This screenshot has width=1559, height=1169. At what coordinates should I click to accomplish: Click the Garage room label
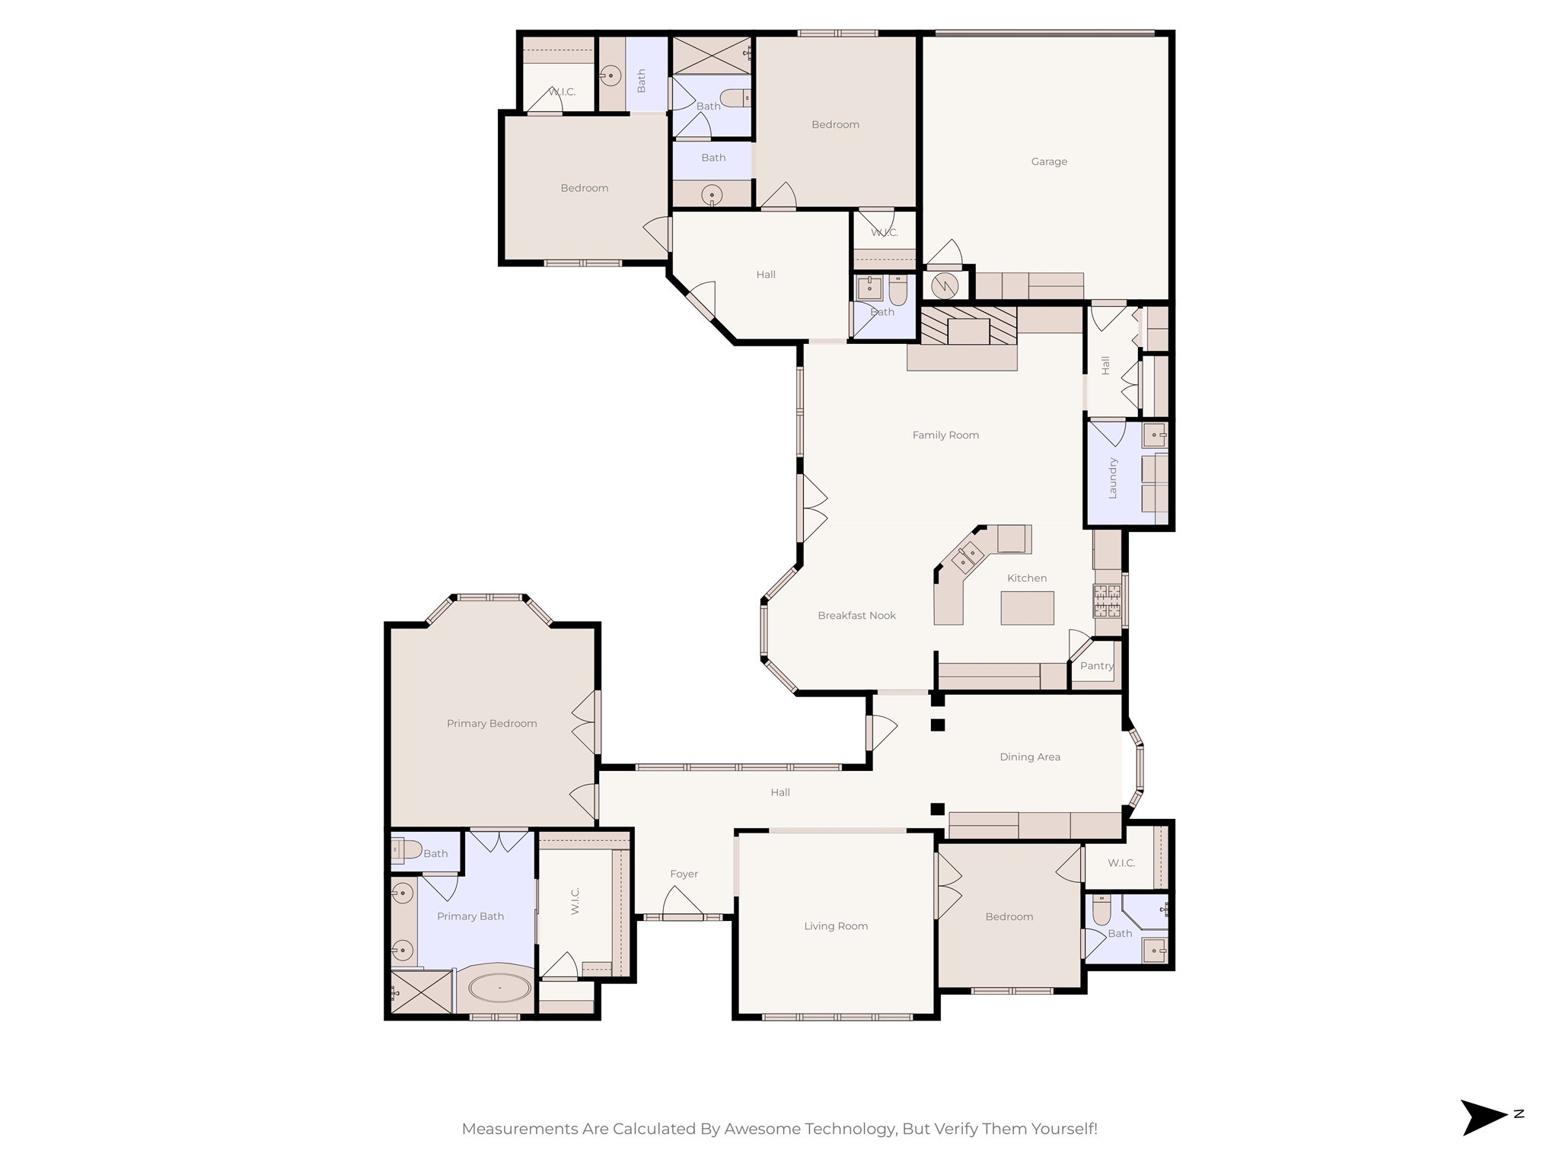[1049, 161]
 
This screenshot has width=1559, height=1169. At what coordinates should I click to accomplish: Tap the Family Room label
[945, 435]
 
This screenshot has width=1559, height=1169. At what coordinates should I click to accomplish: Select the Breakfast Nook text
[856, 616]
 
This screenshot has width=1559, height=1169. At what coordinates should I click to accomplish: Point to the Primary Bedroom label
[492, 724]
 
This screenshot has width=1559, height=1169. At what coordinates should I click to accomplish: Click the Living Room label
[836, 926]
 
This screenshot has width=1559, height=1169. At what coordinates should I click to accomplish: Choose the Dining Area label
[1029, 757]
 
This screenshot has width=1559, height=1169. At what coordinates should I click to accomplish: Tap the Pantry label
[1096, 666]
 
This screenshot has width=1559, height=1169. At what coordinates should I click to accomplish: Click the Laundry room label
[1112, 478]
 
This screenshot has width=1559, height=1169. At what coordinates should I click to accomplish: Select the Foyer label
[684, 874]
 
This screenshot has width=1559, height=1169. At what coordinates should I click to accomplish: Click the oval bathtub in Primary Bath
[499, 989]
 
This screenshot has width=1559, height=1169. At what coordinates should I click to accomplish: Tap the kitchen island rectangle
[1027, 608]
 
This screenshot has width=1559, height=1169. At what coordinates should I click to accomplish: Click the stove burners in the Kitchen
[1107, 600]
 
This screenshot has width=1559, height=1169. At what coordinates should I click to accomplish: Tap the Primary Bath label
[470, 916]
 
